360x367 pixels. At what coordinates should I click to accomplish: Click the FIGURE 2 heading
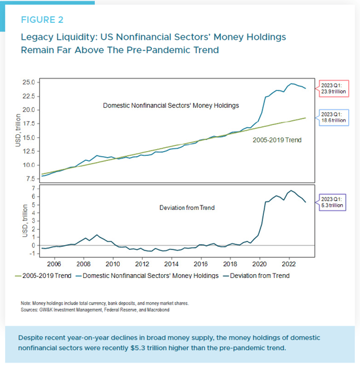42,20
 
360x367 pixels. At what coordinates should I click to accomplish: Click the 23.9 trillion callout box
333,88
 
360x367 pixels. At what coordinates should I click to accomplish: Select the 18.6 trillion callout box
333,118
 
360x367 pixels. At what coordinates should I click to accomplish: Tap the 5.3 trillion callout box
332,202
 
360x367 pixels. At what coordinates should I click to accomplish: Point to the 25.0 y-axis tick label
29,82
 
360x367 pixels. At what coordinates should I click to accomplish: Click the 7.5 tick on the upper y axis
31,179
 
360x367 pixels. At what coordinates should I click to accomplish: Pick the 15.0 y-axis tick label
29,137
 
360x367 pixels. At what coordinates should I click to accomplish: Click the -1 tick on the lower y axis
32,253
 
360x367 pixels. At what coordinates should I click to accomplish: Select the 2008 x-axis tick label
83,264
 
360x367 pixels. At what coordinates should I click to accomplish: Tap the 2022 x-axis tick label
289,264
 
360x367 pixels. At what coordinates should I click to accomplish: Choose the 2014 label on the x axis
171,264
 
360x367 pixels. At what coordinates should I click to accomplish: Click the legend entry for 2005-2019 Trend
43,275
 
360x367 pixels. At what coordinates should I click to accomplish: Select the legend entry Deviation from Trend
256,275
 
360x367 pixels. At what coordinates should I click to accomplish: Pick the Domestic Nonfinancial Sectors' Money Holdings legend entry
147,275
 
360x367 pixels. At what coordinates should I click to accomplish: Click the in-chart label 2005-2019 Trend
277,140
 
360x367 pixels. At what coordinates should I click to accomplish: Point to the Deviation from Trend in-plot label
187,207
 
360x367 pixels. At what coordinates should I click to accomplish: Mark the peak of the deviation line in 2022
291,190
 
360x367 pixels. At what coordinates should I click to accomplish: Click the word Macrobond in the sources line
158,310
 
